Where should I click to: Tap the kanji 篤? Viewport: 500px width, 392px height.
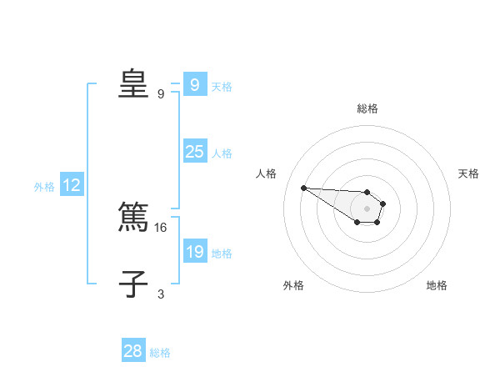click(133, 218)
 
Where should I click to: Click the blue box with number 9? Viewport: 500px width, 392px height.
click(194, 84)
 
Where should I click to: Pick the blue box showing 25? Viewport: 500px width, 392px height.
click(194, 152)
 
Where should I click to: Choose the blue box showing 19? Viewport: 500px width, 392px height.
click(194, 252)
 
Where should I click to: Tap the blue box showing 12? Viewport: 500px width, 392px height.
click(71, 185)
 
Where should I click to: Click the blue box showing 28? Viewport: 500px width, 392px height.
click(133, 351)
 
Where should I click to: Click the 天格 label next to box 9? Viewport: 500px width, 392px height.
click(222, 86)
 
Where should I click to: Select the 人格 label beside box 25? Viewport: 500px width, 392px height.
click(222, 153)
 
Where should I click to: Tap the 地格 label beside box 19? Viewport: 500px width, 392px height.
click(222, 254)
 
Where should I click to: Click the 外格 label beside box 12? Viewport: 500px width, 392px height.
click(44, 187)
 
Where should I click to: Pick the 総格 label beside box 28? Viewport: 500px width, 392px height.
click(160, 353)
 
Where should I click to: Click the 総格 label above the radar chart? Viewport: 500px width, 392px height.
click(367, 108)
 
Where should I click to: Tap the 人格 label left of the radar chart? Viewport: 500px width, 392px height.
click(267, 173)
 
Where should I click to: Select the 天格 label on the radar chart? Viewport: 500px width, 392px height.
click(468, 173)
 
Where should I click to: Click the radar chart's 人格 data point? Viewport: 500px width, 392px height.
click(303, 188)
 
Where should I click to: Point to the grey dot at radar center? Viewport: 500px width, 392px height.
click(367, 208)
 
